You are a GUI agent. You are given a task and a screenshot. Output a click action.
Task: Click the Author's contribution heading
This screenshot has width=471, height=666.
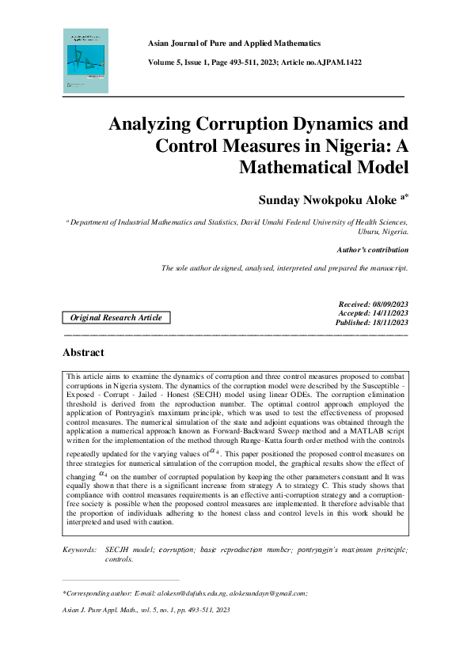(372, 249)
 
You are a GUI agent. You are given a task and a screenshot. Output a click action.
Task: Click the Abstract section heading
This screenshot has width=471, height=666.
(83, 352)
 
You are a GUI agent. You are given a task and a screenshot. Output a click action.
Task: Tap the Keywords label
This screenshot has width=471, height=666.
(79, 548)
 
